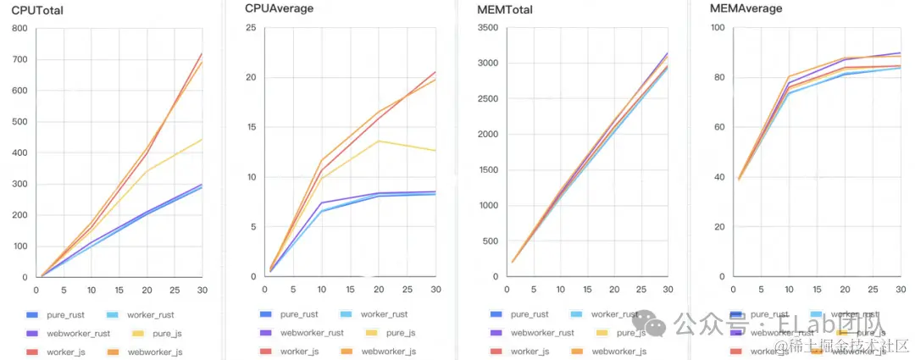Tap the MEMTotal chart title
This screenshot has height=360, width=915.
[510, 8]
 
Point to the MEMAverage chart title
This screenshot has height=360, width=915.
[746, 8]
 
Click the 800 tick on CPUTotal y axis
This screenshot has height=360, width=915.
[19, 28]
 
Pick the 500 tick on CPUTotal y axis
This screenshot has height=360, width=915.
[19, 121]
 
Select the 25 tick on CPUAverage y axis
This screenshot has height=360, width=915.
[251, 28]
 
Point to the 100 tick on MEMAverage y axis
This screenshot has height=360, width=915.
[717, 28]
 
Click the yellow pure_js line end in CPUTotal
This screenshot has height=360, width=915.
[202, 139]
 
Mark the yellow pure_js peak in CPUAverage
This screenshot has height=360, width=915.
[378, 141]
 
